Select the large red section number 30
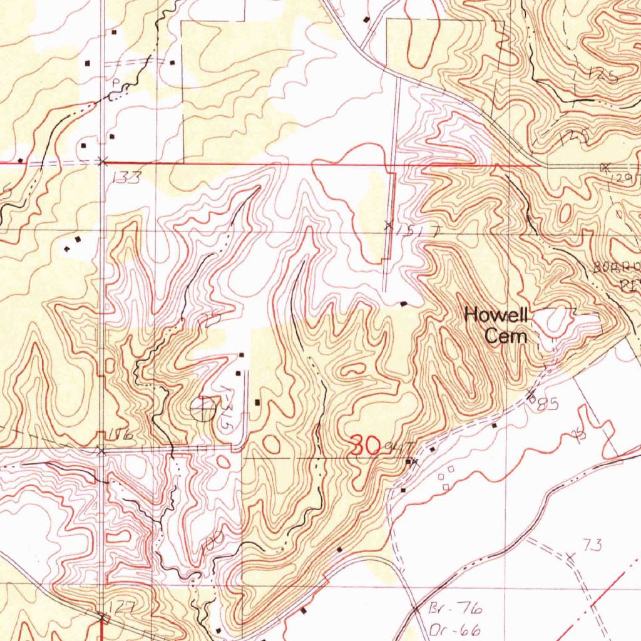(366, 446)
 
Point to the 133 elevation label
(127, 178)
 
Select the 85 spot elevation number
(546, 406)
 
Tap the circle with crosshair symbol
(203, 409)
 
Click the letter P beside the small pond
(115, 83)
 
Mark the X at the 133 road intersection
(103, 162)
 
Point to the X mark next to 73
(570, 556)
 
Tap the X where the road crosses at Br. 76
(415, 608)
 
